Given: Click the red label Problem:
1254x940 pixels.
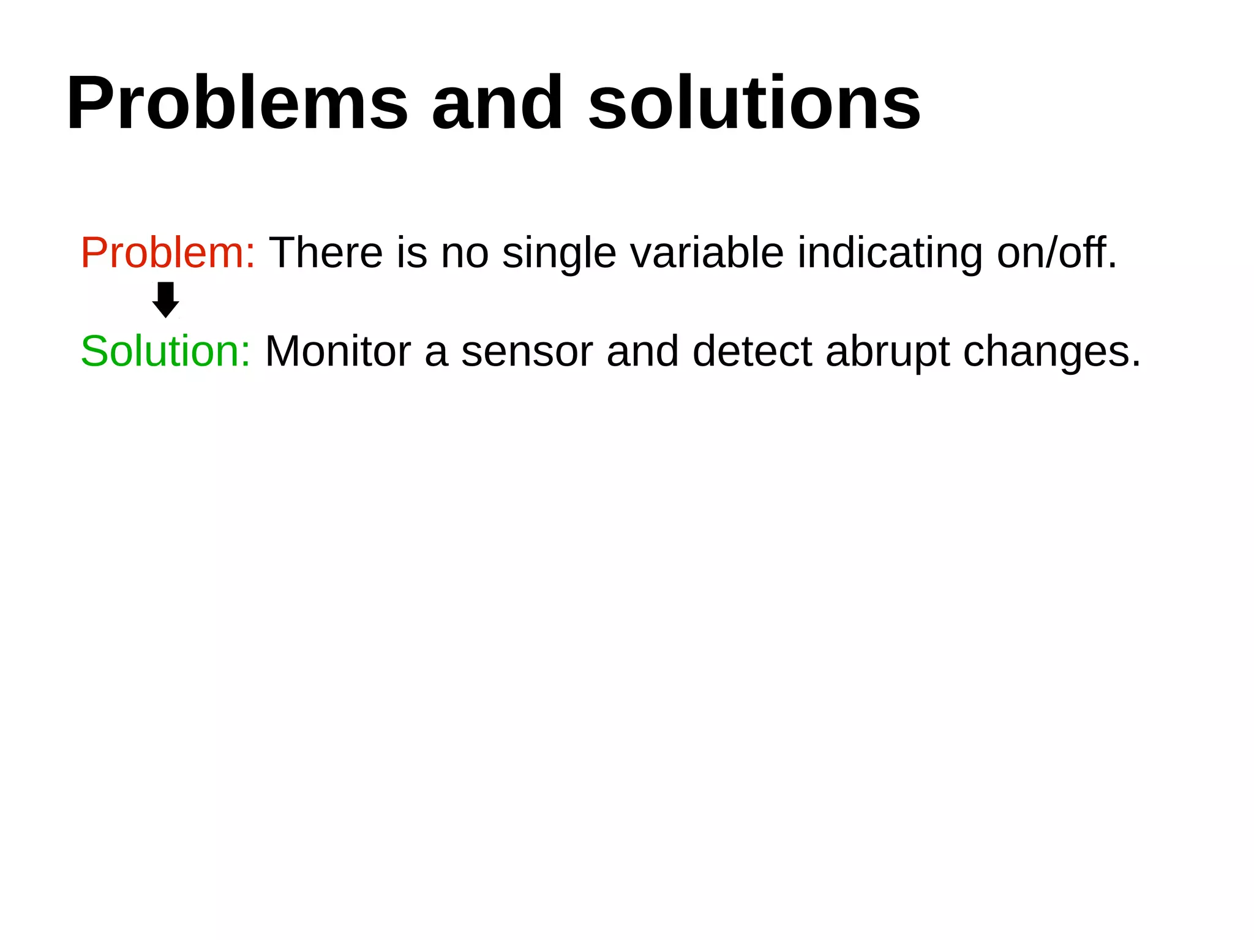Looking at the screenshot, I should pos(168,253).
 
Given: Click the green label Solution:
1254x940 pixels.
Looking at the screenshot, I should pos(165,352).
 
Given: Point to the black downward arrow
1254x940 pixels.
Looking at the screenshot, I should pos(165,299).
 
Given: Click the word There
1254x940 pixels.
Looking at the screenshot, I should pos(326,253).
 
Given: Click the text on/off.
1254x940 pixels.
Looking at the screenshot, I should pos(1056,253).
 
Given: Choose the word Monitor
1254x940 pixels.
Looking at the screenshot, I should pos(338,352).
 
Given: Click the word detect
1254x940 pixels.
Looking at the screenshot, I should pos(752,352).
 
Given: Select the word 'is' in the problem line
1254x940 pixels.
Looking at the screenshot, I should pos(411,253).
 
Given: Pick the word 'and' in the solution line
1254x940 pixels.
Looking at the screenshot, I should pos(642,352).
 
